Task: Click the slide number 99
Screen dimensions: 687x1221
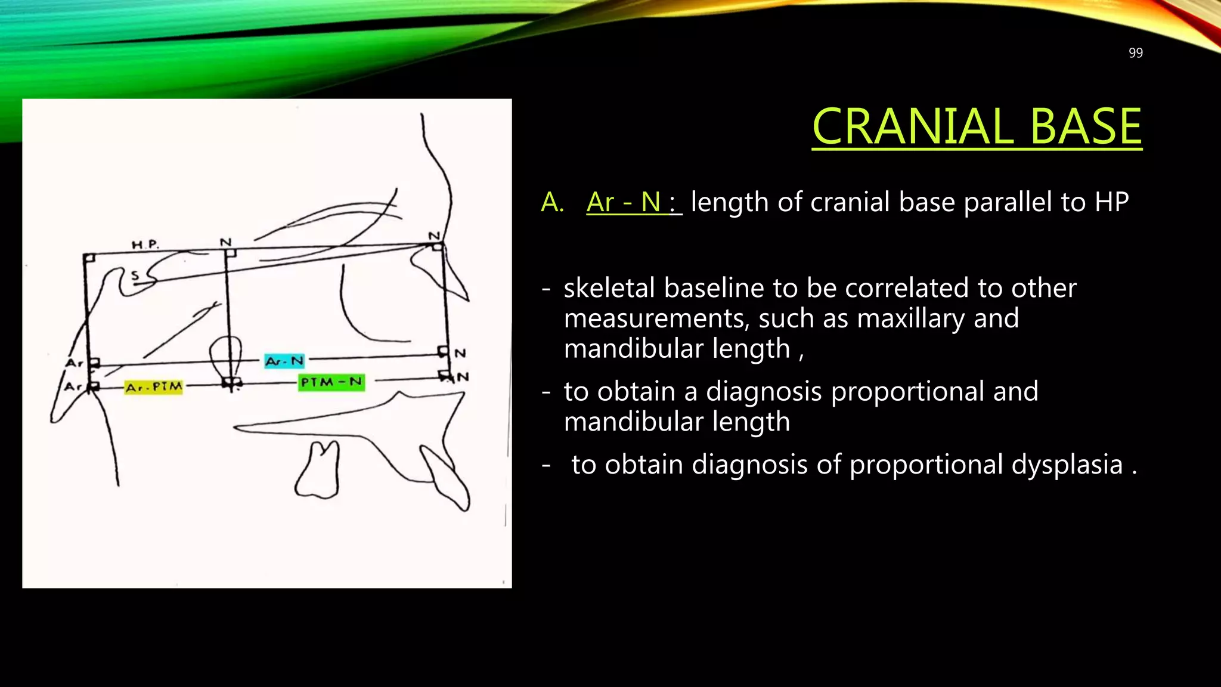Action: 1135,53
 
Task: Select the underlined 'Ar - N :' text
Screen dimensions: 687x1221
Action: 633,202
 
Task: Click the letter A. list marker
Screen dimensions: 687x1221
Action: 552,203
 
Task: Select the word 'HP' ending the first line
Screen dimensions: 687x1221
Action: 1111,203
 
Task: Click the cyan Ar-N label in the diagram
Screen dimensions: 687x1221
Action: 284,361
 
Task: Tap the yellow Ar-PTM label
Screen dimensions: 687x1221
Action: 154,387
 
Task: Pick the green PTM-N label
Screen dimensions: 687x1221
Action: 331,382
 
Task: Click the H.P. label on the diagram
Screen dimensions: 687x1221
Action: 145,245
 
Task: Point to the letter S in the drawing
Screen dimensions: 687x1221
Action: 135,275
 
